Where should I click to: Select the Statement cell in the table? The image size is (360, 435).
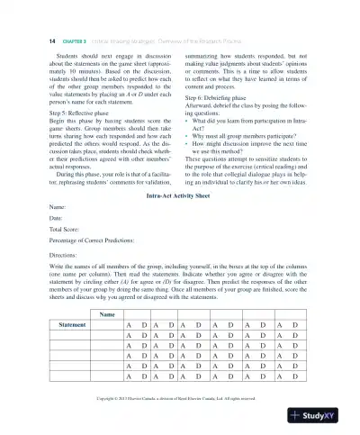point(71,323)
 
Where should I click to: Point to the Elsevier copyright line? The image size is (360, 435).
point(180,395)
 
